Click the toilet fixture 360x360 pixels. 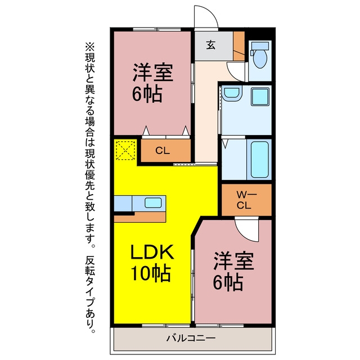tap(260, 55)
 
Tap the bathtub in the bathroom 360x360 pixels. tap(260, 159)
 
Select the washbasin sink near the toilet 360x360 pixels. tap(232, 93)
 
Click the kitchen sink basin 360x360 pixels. tap(153, 202)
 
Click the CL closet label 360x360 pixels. tap(163, 151)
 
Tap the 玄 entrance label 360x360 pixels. tap(211, 45)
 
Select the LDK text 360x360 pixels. tap(152, 253)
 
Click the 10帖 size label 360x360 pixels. tap(151, 274)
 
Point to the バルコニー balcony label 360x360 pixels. tap(191, 338)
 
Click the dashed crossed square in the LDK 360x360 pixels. tap(125, 150)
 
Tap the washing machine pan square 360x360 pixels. tap(260, 97)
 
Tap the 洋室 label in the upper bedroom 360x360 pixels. tap(153, 72)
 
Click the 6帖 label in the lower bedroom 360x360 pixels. tap(228, 282)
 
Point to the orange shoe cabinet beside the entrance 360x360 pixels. tap(238, 46)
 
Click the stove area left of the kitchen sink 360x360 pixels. tap(123, 204)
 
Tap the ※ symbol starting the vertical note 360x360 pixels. tap(90, 46)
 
